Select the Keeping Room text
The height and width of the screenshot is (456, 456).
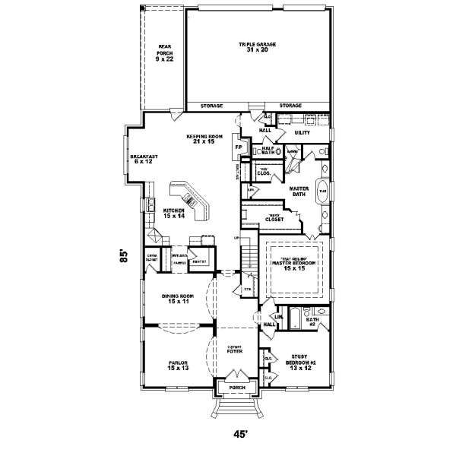click(203, 139)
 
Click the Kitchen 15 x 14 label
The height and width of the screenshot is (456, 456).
click(174, 214)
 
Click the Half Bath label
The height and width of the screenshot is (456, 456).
click(268, 150)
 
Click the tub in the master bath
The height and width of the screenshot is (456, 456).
click(322, 192)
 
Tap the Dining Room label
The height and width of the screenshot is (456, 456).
click(177, 298)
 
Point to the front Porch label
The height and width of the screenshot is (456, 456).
click(238, 387)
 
